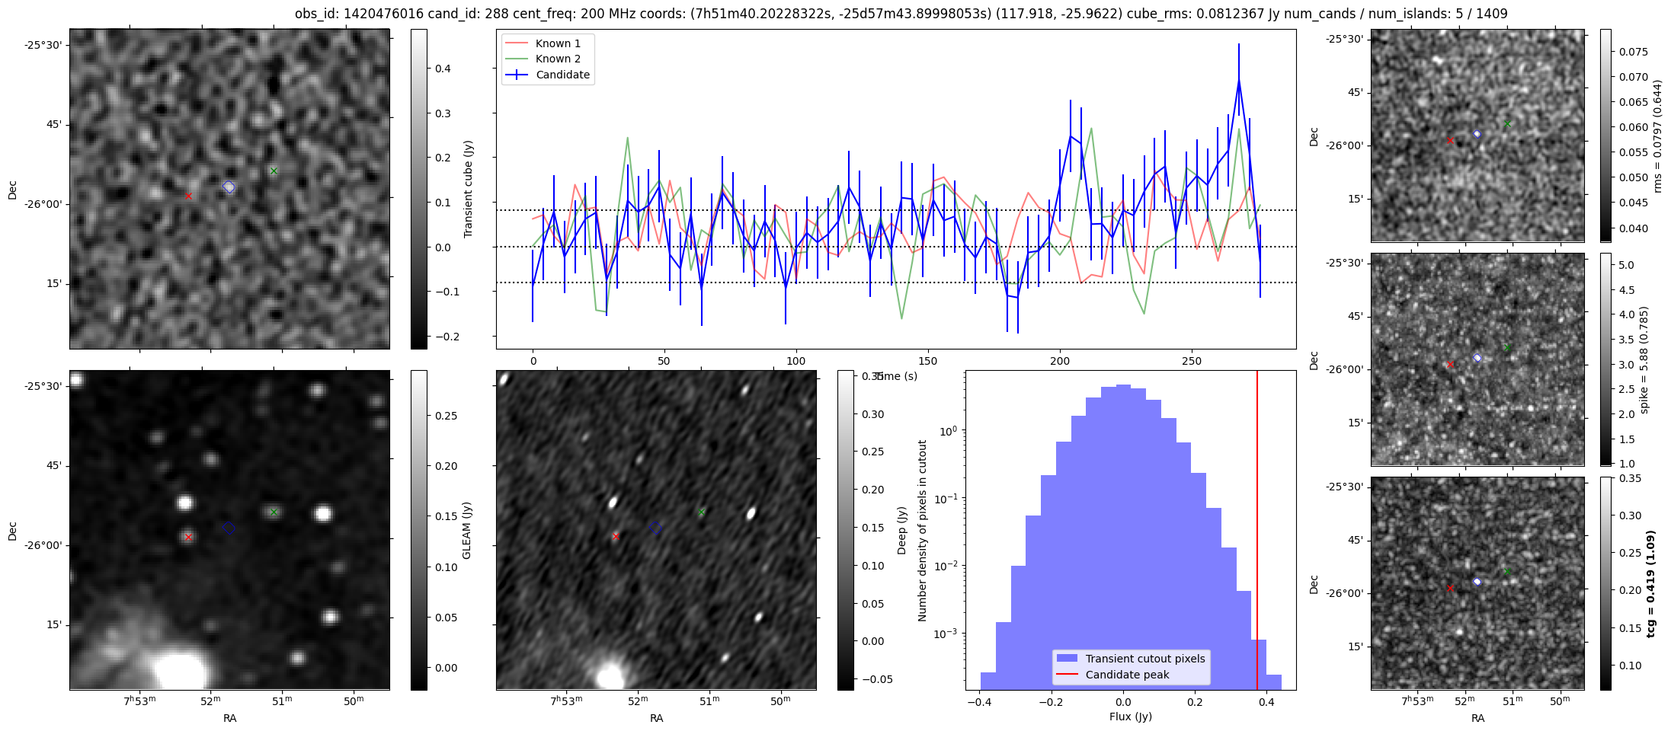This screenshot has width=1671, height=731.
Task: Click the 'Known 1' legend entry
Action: [557, 43]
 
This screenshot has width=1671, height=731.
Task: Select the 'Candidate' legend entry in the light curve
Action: [562, 75]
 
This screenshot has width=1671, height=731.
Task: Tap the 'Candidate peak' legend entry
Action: [1127, 675]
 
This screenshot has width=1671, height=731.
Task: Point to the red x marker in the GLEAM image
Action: [188, 537]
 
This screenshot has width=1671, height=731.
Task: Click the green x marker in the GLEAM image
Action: [274, 512]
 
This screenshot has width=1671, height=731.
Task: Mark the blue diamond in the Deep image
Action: [655, 527]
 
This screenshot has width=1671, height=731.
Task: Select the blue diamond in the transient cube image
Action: [229, 187]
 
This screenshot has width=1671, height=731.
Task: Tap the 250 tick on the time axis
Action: [1192, 361]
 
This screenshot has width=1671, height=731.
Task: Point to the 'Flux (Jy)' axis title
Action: [1131, 717]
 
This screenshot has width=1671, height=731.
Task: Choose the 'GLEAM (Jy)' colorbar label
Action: [466, 530]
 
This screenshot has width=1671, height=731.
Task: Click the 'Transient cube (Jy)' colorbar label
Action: [468, 189]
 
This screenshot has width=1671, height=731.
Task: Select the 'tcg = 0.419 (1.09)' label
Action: [1650, 583]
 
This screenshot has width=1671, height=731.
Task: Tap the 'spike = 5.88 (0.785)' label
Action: [1644, 359]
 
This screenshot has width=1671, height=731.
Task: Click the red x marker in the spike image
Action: [1450, 364]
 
